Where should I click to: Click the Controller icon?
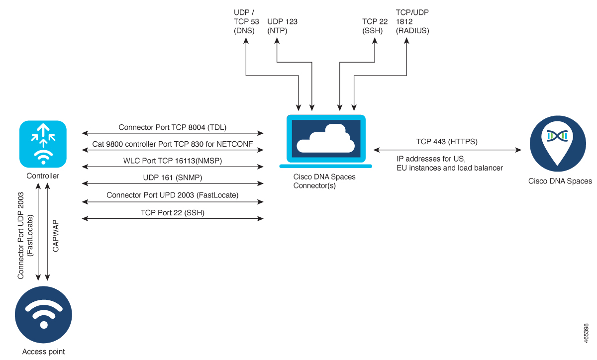point(43,144)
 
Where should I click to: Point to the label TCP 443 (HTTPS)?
point(447,142)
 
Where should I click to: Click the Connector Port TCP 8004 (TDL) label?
point(172,127)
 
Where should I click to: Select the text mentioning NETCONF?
point(172,144)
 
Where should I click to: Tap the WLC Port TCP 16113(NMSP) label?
point(172,161)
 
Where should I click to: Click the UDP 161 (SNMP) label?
point(172,178)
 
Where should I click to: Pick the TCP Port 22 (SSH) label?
point(172,212)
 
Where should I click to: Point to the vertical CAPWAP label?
point(56,234)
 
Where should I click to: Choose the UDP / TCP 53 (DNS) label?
point(244,21)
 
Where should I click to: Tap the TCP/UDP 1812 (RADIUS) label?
point(412,21)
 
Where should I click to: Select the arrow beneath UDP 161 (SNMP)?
point(172,184)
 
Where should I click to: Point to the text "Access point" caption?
point(43,352)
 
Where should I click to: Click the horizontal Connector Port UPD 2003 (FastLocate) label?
point(172,195)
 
